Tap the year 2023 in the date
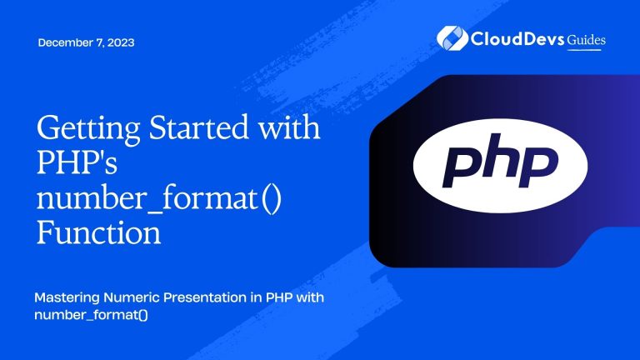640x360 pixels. click(121, 43)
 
